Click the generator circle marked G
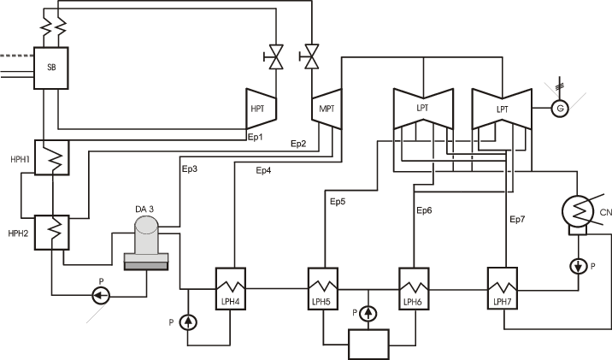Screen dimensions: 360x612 [x=561, y=108]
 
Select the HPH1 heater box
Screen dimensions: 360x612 [x=50, y=159]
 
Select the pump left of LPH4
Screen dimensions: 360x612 [x=189, y=322]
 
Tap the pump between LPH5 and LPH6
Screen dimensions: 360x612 [x=368, y=313]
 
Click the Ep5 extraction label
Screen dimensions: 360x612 [x=338, y=202]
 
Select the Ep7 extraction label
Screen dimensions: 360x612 [x=517, y=220]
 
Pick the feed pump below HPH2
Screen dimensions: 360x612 [x=100, y=295]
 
